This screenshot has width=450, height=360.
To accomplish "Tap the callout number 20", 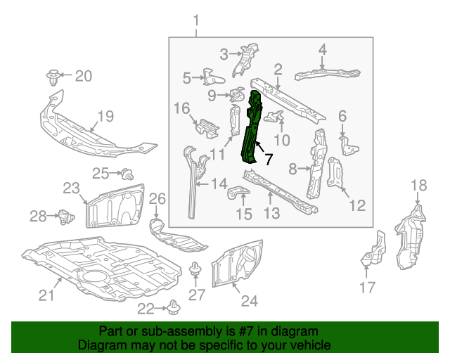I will coord(83,76).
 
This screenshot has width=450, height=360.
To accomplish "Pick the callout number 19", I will coord(105,116).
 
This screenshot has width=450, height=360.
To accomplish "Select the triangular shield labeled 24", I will coord(238,264).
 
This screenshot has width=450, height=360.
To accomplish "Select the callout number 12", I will coord(357,205).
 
